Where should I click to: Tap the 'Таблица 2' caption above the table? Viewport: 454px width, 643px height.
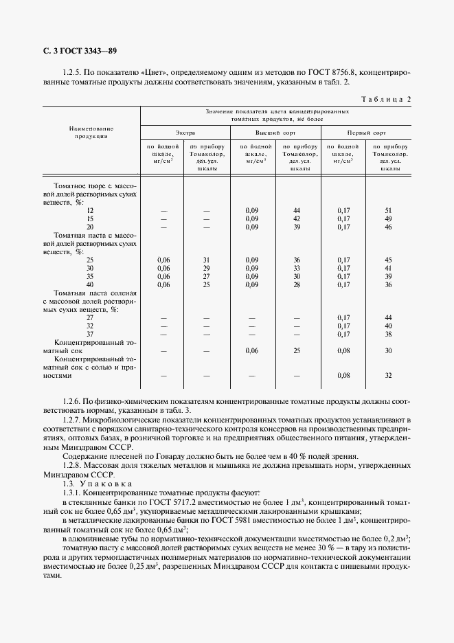pyautogui.click(x=385, y=99)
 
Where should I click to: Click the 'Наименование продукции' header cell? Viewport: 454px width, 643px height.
pyautogui.click(x=91, y=132)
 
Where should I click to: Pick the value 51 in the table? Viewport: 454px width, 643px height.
pyautogui.click(x=388, y=210)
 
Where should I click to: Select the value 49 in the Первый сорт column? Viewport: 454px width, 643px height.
pyautogui.click(x=388, y=218)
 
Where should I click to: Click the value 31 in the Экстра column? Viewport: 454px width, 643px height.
pyautogui.click(x=205, y=259)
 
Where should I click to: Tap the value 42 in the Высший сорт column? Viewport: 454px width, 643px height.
pyautogui.click(x=297, y=218)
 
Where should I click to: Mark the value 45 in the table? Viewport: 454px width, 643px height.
pyautogui.click(x=388, y=259)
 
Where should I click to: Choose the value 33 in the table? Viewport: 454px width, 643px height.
pyautogui.click(x=297, y=268)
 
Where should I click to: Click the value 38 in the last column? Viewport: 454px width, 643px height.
pyautogui.click(x=388, y=334)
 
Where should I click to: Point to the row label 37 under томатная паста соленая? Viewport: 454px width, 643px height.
pyautogui.click(x=90, y=334)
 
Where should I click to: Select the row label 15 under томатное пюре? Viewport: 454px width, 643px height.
pyautogui.click(x=90, y=218)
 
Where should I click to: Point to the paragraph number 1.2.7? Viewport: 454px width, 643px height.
pyautogui.click(x=73, y=419)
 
